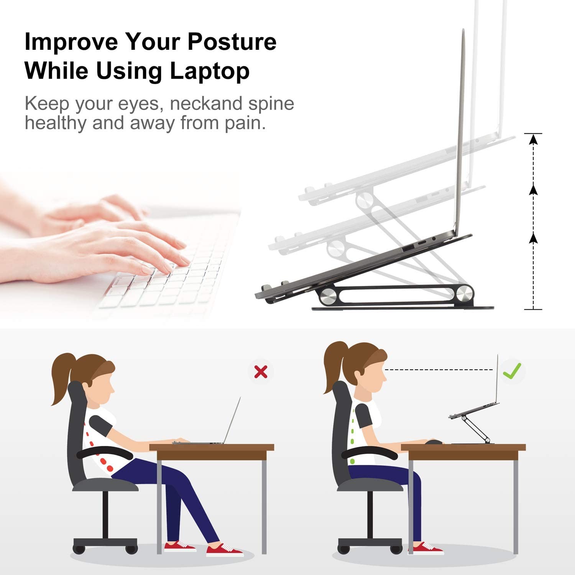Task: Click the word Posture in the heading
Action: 232,42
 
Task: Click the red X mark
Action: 261,371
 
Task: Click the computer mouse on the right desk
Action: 433,442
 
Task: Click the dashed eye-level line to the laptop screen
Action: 439,370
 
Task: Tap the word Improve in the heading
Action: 71,42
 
